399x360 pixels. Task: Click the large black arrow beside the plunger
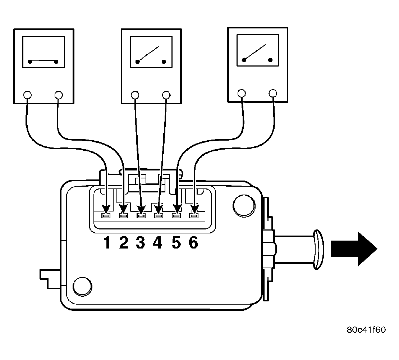point(354,249)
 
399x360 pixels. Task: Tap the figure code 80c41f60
point(366,330)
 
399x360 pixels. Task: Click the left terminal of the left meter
point(27,95)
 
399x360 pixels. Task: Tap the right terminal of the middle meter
point(166,95)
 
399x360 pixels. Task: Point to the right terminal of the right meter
point(273,94)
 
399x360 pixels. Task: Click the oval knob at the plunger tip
point(318,250)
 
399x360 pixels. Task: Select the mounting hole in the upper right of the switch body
point(244,206)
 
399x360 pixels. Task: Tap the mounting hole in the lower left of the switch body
point(82,286)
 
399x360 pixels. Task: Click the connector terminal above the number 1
point(106,216)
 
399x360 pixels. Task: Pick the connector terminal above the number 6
point(194,216)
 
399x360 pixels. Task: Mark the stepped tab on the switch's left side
point(51,279)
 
